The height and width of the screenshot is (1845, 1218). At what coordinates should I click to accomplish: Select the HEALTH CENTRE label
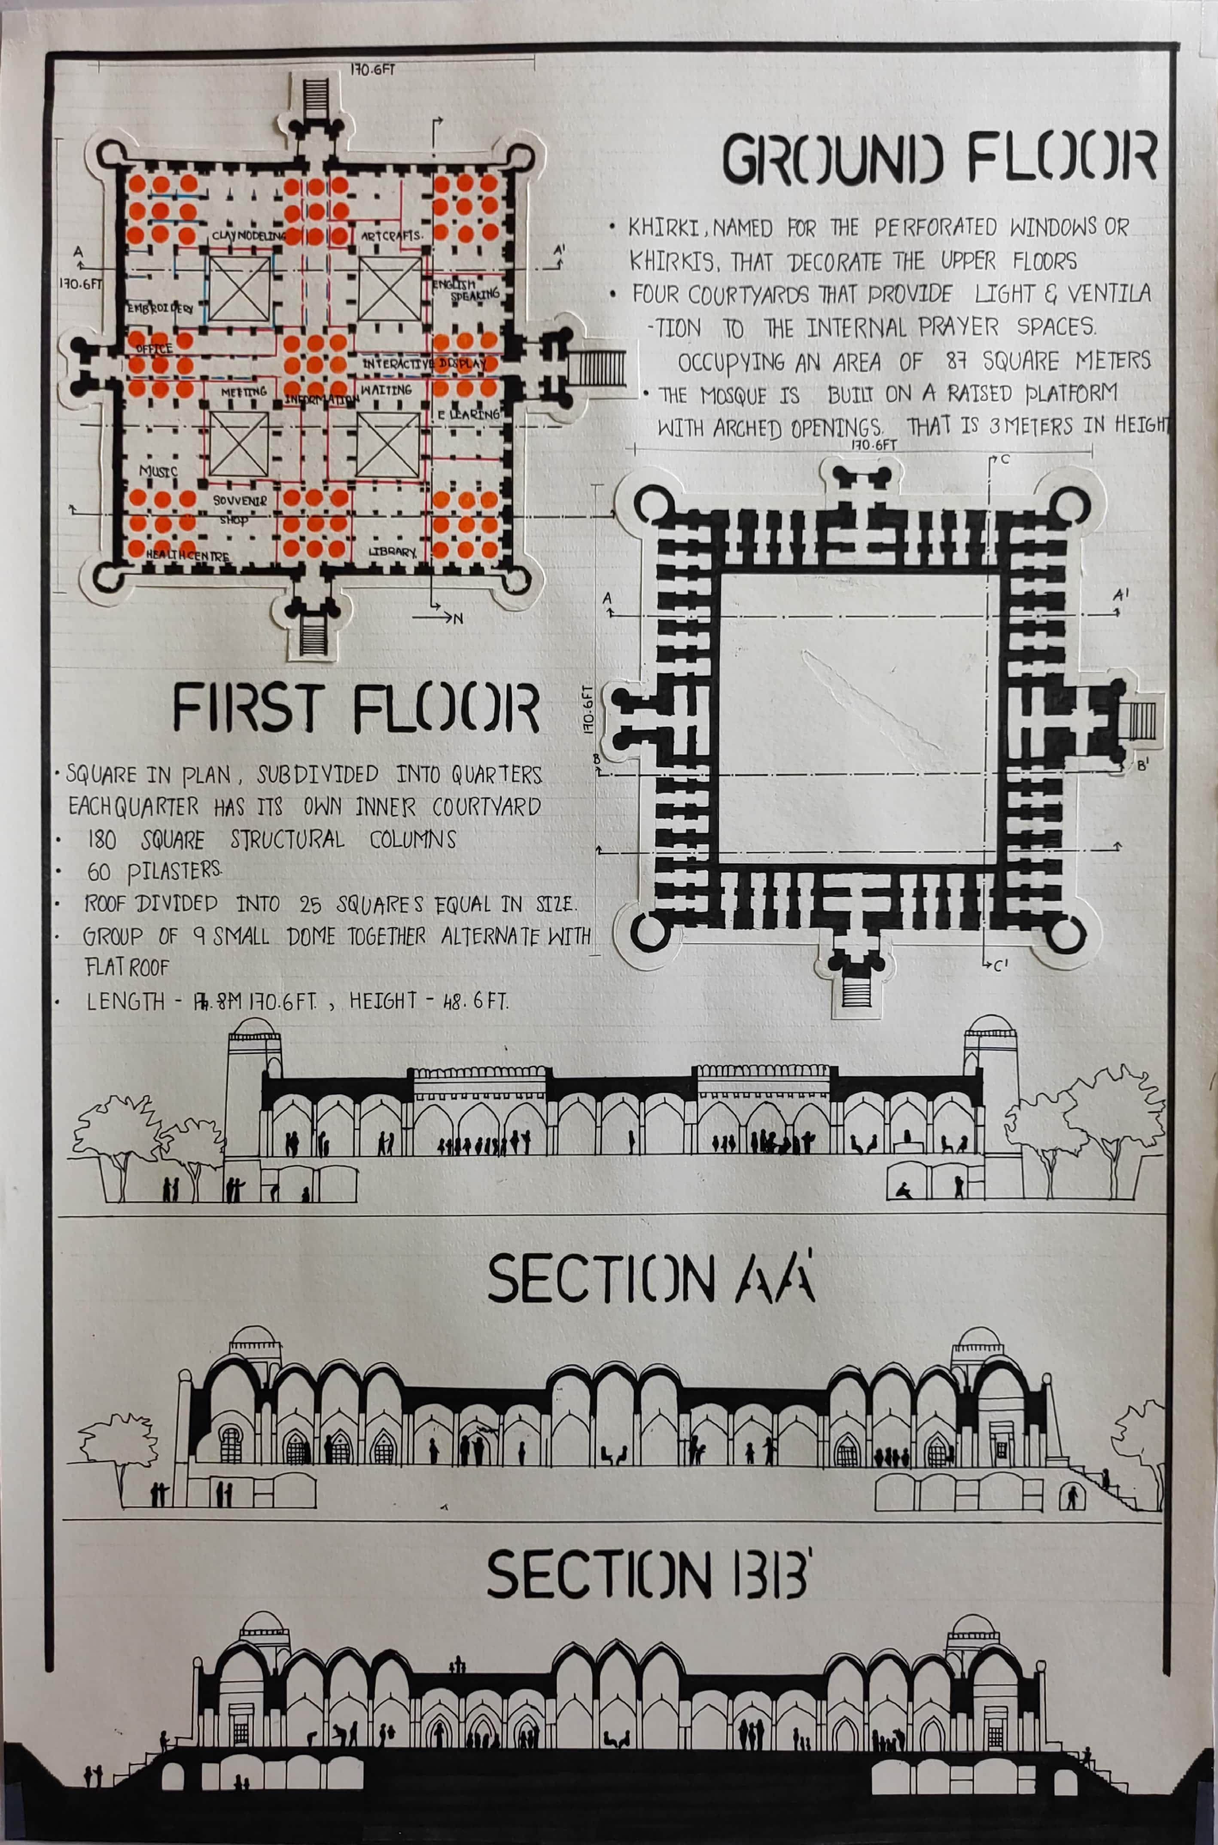tap(188, 556)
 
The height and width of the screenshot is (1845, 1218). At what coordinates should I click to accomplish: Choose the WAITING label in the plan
tap(386, 389)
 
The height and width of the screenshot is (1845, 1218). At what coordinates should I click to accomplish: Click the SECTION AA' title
tap(651, 1279)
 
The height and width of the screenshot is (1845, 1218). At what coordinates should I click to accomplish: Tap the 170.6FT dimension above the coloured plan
tap(372, 69)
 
